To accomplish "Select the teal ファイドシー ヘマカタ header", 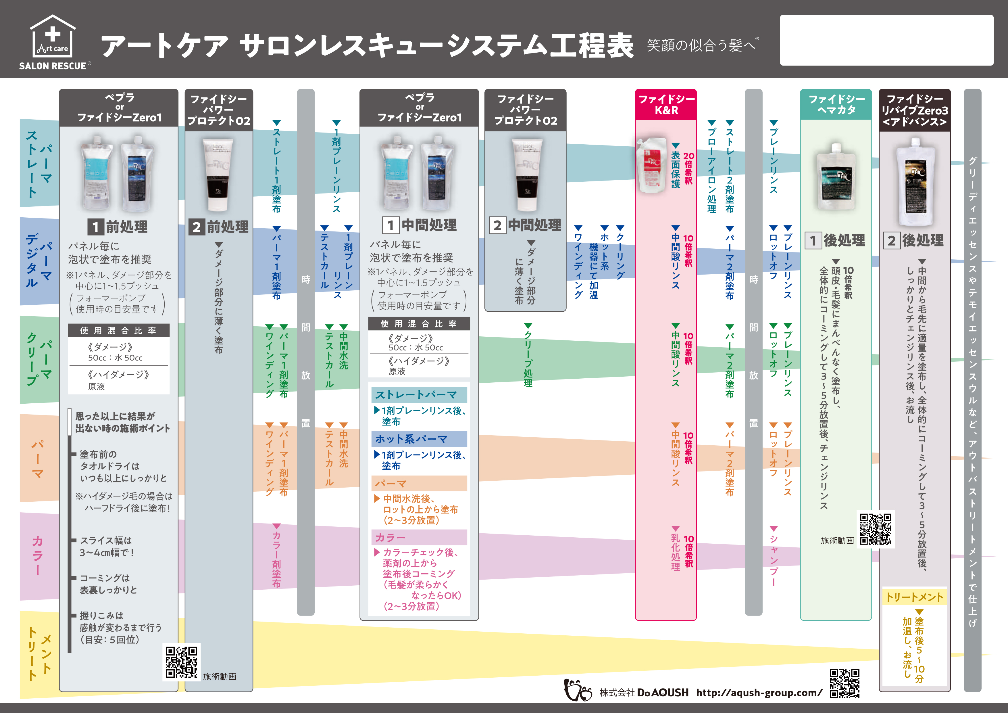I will coord(836,105).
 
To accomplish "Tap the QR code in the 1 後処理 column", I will coord(876,529).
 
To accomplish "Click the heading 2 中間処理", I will coord(525,225).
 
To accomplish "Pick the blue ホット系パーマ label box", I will coord(419,439).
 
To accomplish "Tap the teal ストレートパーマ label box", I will coord(419,394).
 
